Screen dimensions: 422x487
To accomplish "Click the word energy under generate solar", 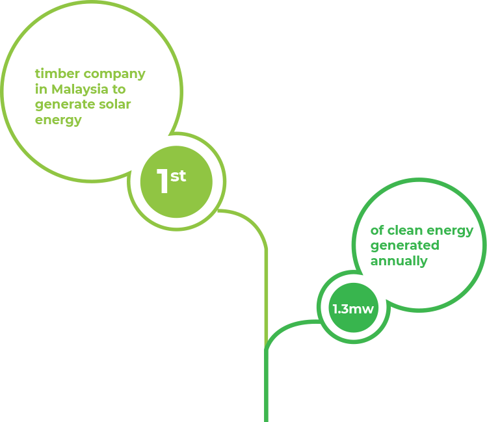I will point(59,120).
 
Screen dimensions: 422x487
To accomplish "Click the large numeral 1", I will point(163,182).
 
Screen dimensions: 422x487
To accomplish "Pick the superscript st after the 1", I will point(178,176).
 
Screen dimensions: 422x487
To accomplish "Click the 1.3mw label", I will point(353,309).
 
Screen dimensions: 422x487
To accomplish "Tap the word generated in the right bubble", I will point(404,246).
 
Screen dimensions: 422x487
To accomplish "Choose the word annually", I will point(399,261).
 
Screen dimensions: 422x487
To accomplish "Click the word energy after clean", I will point(453,231).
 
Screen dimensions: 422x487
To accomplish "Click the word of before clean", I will point(377,230).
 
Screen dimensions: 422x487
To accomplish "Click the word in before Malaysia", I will point(40,88).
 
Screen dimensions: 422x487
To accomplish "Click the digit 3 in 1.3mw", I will point(344,309).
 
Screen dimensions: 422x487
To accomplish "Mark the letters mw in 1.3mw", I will point(362,309).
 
